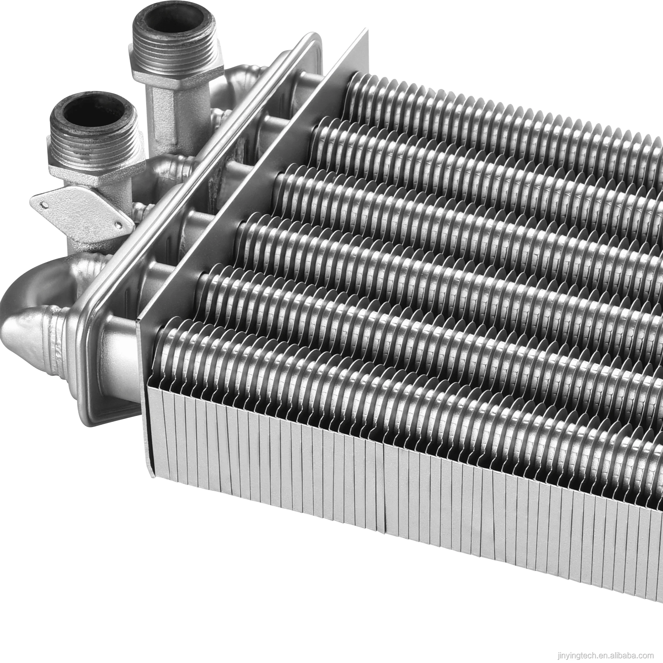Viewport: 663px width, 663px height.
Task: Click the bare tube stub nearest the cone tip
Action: pyautogui.click(x=118, y=346)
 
